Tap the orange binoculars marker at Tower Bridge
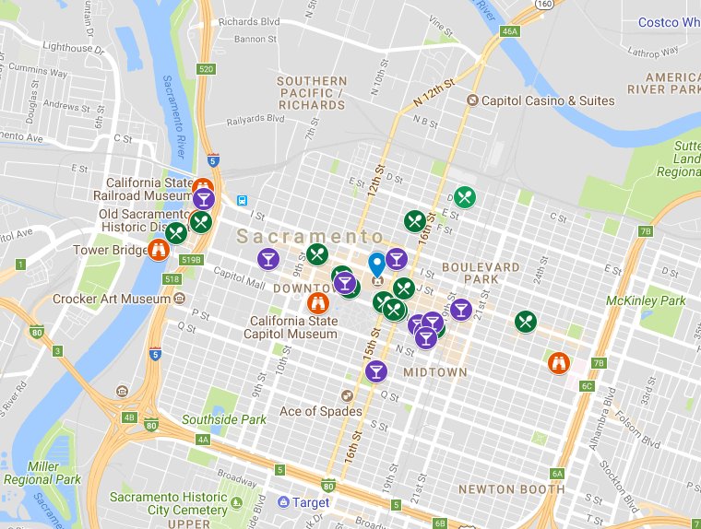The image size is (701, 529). (158, 249)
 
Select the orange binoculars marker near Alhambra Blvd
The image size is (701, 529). (558, 362)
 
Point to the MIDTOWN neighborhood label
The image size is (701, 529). (434, 372)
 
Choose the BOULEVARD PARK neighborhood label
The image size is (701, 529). (481, 273)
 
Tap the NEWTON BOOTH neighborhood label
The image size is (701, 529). (511, 488)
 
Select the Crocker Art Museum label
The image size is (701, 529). (112, 299)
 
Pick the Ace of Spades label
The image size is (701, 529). (321, 411)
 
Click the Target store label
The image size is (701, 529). (311, 502)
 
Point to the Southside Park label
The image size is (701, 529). (224, 419)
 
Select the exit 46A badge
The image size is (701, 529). (510, 31)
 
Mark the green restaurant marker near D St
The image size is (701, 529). (465, 196)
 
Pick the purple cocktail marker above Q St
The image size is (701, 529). (375, 371)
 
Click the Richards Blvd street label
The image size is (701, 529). (251, 21)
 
